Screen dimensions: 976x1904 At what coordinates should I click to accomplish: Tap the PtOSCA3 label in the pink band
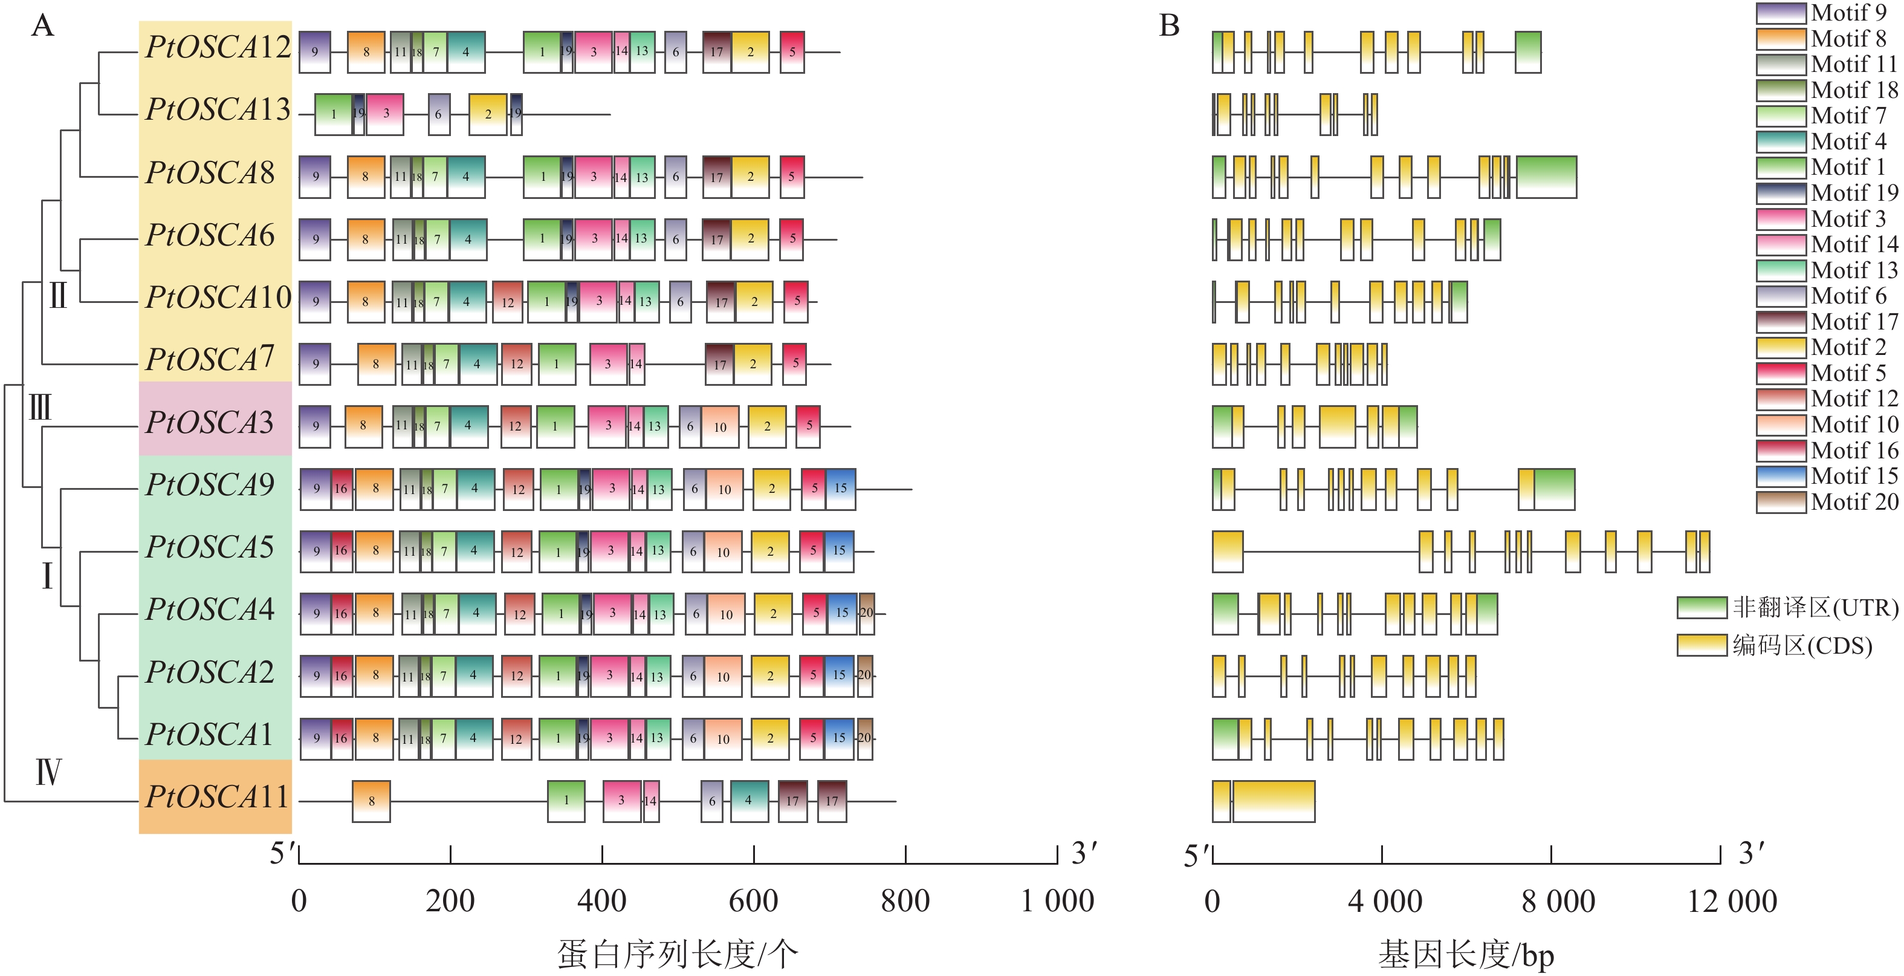[x=210, y=423]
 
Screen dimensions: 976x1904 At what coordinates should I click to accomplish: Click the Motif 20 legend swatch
[x=1781, y=502]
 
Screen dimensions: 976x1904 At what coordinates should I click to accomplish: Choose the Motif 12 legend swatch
[x=1781, y=399]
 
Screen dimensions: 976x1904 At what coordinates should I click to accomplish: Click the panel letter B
[x=1170, y=26]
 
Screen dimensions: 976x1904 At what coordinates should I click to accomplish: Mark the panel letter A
[x=43, y=26]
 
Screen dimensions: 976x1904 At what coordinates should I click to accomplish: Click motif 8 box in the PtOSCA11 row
[x=371, y=801]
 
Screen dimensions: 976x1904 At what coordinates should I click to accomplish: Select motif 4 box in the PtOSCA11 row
[x=749, y=801]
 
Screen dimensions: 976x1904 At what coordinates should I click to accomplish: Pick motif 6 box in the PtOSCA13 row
[x=439, y=115]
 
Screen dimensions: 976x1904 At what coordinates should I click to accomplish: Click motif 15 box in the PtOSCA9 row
[x=840, y=489]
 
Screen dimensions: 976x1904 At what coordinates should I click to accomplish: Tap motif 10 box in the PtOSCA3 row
[x=720, y=427]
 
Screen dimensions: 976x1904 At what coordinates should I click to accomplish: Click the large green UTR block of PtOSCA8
[x=1546, y=177]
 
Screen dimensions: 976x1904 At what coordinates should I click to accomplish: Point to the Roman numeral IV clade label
[x=48, y=773]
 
